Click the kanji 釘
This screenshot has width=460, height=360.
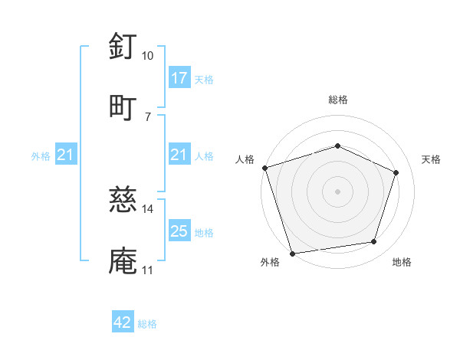(x=123, y=47)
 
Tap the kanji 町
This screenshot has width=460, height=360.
(x=123, y=107)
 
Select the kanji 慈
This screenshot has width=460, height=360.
(x=123, y=201)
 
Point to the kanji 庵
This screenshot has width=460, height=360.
(x=123, y=261)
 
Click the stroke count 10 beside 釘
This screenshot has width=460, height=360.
(x=147, y=56)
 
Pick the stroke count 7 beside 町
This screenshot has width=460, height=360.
(x=147, y=116)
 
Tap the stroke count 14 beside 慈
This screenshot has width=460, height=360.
(x=148, y=208)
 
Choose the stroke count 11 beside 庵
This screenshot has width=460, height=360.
(x=147, y=270)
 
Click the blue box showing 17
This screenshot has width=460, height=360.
(x=179, y=78)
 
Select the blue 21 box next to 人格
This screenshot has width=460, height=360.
(x=179, y=155)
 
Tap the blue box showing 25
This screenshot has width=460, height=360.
(x=179, y=232)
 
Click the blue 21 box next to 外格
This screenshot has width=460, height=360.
(x=66, y=155)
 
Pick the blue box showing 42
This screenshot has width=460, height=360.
(x=123, y=323)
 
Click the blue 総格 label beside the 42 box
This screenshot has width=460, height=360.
(x=147, y=324)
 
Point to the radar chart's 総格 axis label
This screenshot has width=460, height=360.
(x=338, y=100)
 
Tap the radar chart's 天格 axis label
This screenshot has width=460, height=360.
(x=432, y=159)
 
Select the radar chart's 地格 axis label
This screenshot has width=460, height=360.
(x=402, y=263)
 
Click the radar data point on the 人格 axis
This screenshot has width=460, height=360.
(x=264, y=168)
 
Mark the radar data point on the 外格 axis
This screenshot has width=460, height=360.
(x=292, y=252)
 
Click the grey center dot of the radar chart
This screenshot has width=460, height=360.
(x=337, y=191)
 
